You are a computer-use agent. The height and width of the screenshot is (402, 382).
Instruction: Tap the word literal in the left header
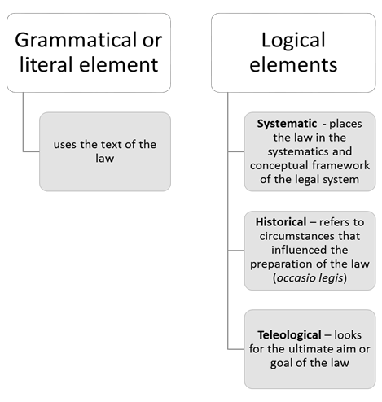click(46, 64)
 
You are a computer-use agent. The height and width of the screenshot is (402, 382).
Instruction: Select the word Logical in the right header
click(293, 41)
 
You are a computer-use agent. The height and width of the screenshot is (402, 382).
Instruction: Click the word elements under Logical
click(293, 65)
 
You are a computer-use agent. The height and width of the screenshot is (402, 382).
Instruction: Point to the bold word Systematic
click(287, 124)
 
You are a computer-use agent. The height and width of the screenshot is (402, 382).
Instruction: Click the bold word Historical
click(281, 222)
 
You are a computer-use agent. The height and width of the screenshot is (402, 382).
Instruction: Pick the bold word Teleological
click(289, 335)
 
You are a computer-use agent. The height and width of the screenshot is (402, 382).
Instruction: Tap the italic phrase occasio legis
click(310, 278)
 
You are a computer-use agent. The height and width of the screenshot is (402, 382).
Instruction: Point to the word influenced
click(297, 250)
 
